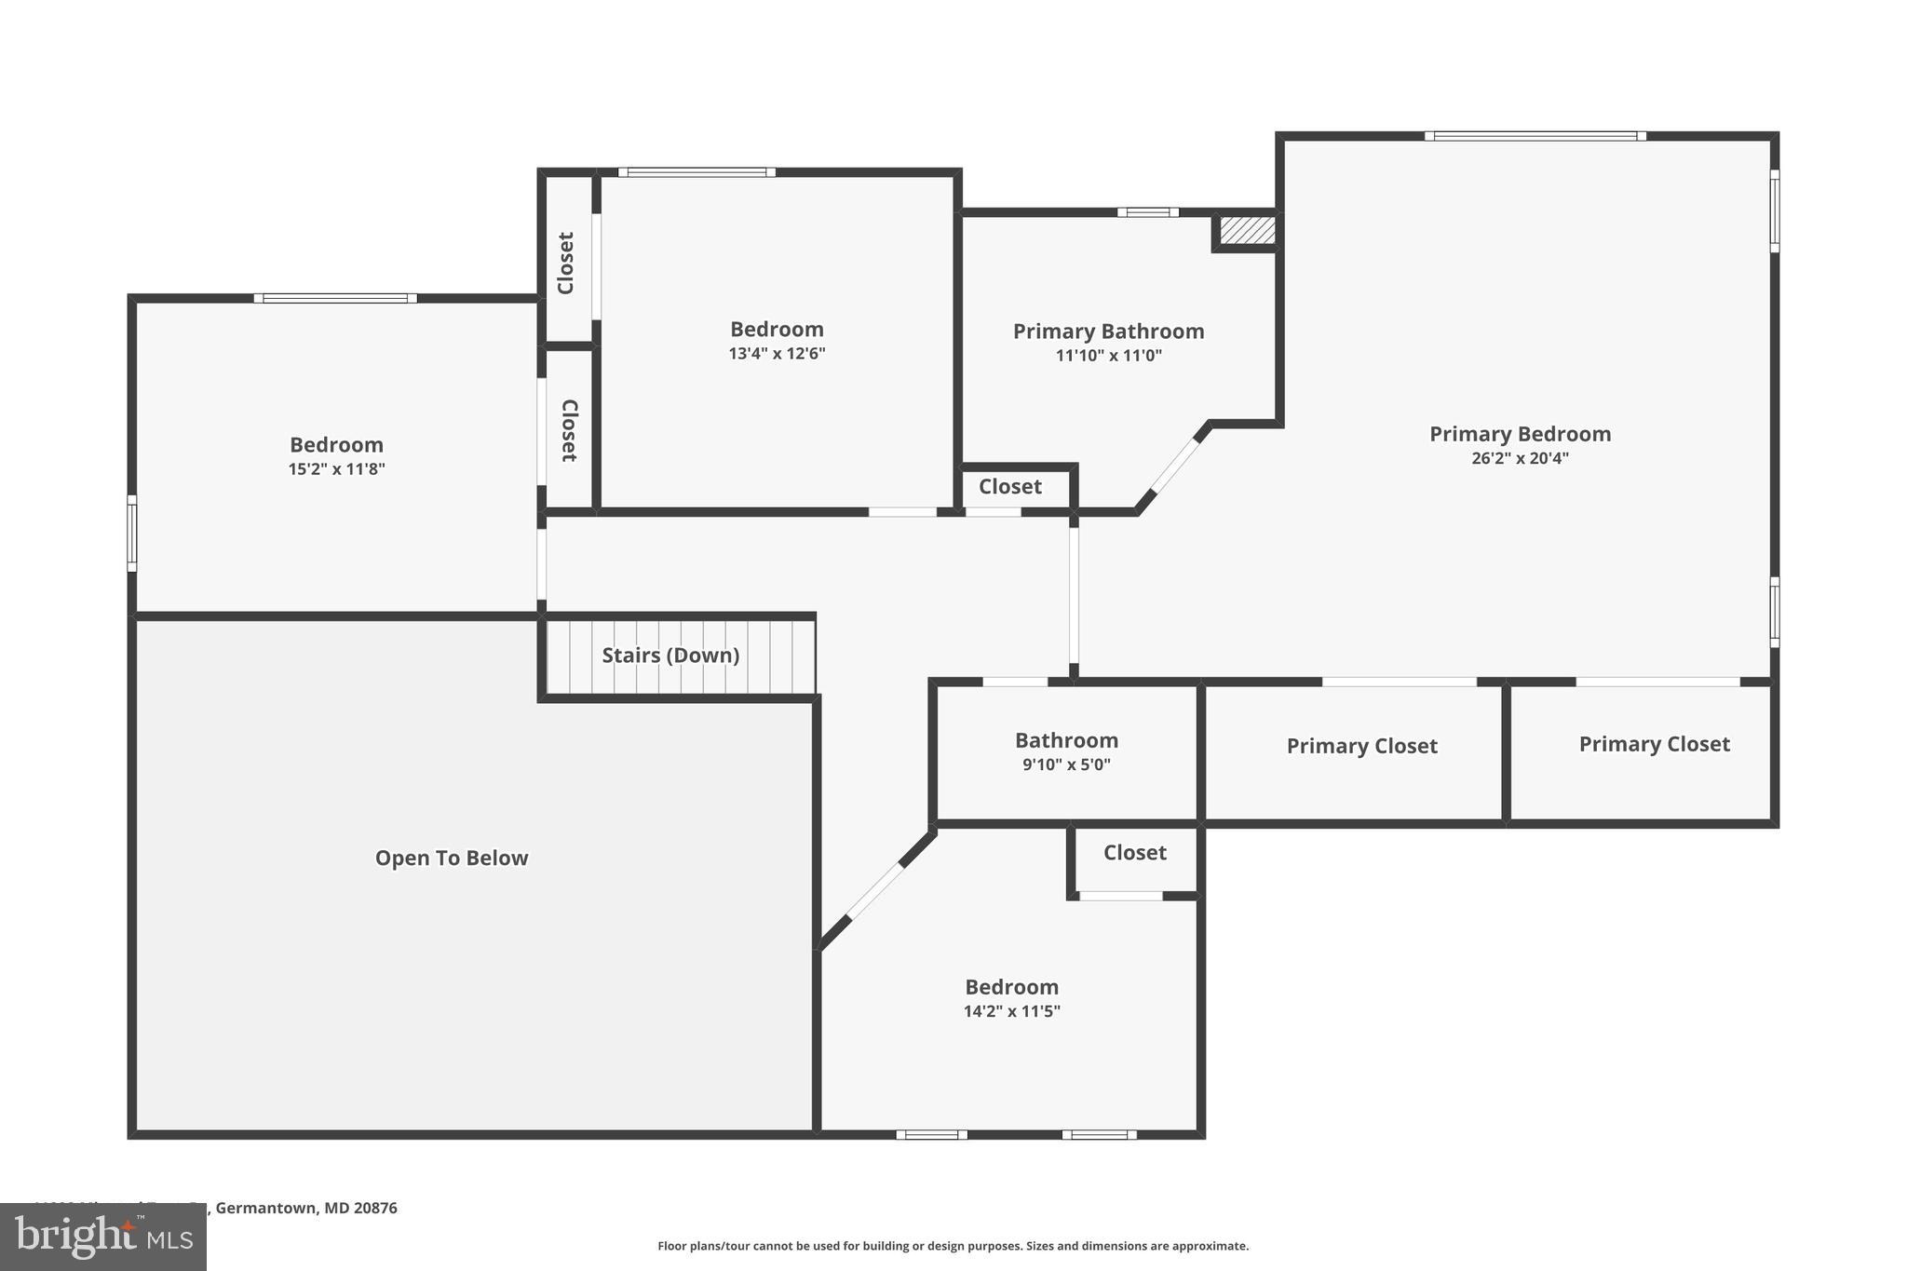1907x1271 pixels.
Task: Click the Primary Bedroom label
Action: coord(1520,434)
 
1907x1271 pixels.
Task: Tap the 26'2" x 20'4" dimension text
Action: coord(1520,458)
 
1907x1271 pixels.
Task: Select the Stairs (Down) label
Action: coord(670,656)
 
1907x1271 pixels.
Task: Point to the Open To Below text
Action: coord(452,859)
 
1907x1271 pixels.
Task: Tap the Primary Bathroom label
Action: coord(1108,331)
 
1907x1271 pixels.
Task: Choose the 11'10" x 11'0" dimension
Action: coord(1108,356)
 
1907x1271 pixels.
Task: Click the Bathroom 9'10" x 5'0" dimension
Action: coord(1066,765)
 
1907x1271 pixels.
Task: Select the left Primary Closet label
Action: coord(1361,746)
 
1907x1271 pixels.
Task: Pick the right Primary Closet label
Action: coord(1654,744)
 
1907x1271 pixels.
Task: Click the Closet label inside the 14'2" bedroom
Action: coord(1134,853)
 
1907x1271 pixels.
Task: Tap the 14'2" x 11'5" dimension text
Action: coord(1011,1011)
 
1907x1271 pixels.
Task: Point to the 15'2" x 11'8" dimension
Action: coord(336,469)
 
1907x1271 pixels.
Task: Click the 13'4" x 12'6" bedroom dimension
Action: coord(777,354)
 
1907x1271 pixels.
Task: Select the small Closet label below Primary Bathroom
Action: coord(1009,487)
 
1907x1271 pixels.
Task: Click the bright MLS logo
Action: coord(102,1237)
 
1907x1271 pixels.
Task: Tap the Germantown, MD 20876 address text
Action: coord(306,1208)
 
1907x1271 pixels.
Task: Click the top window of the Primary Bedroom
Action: coord(1535,136)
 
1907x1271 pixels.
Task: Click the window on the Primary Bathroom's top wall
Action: coord(1147,212)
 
